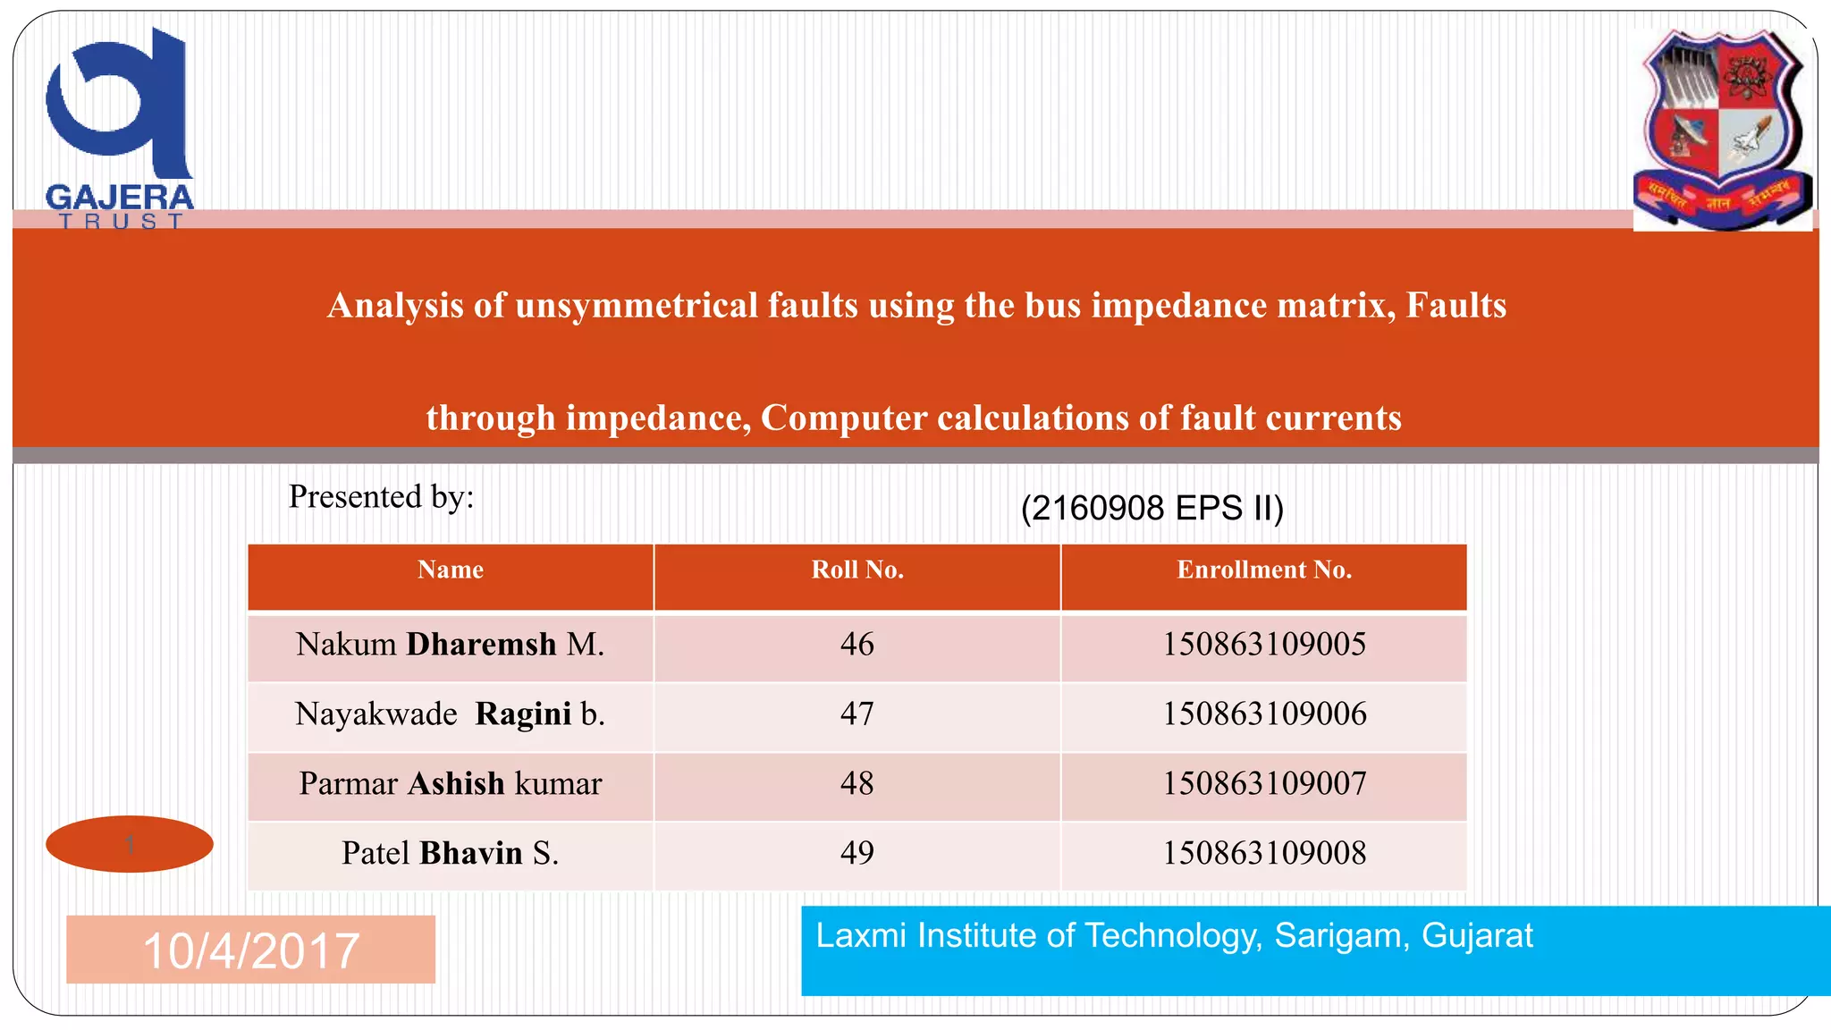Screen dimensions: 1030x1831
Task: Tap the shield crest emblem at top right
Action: coord(1722,130)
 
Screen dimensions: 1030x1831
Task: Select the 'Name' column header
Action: coord(451,570)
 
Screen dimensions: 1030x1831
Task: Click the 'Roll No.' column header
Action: coord(857,570)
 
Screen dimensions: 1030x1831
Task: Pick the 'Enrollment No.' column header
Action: coord(1264,570)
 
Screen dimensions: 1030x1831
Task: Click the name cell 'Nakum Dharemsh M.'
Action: coord(451,645)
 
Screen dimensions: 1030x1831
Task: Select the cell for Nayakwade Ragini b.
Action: coord(451,714)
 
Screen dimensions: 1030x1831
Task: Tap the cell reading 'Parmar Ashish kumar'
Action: coord(451,784)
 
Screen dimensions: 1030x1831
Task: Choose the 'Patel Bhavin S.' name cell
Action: coord(451,854)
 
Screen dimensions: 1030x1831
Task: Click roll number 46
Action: coord(857,645)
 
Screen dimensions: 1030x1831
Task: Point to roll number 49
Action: coord(857,854)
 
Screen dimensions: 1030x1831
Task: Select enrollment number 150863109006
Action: coord(1264,714)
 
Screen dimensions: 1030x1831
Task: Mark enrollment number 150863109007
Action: coord(1264,784)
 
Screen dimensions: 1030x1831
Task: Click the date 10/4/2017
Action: coord(251,950)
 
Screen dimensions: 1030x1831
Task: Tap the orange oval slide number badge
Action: coord(130,844)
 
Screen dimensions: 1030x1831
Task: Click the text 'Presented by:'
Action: coord(382,497)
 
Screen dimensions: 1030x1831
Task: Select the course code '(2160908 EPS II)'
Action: coord(1152,509)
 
